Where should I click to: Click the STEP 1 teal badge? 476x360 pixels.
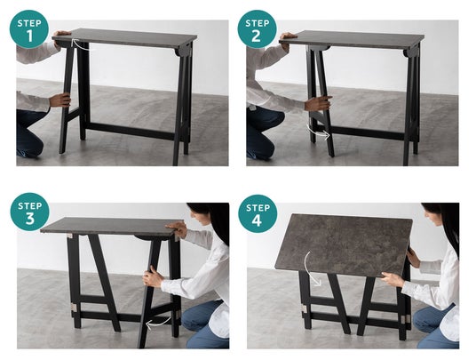point(29,29)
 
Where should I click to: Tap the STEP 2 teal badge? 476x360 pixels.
point(258,29)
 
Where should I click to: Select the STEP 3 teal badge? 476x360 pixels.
point(30,212)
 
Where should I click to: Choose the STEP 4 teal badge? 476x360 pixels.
point(258,213)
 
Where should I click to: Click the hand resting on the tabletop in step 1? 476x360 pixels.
point(62,35)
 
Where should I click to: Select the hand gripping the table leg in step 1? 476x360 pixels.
point(59,100)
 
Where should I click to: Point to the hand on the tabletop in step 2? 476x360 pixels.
point(287,36)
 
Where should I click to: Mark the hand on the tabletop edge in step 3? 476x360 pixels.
point(177,228)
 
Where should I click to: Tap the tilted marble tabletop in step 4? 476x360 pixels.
point(344,244)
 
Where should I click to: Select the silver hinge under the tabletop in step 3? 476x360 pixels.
point(69,236)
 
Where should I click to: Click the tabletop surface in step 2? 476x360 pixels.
point(353,39)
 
